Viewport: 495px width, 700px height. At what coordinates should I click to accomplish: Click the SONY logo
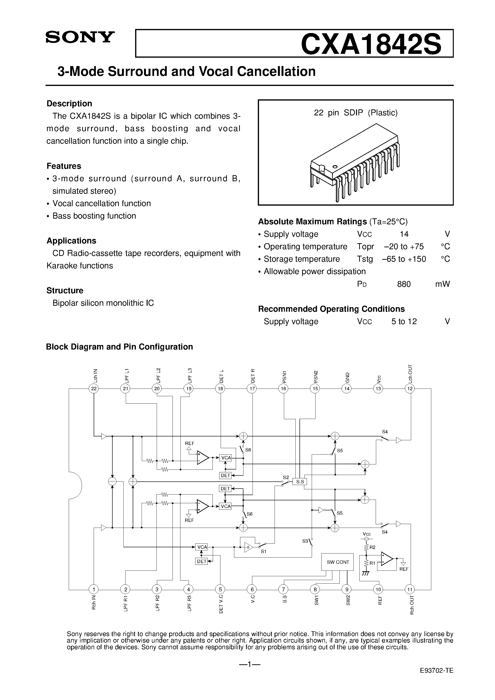click(x=80, y=37)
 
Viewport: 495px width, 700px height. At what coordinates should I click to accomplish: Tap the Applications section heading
click(x=71, y=241)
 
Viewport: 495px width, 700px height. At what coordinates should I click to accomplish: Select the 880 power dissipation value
click(x=404, y=284)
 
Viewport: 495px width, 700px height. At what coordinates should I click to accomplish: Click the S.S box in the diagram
click(x=300, y=482)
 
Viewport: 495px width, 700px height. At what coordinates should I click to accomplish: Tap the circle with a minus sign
click(x=112, y=481)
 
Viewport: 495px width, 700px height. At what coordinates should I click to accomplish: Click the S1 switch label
click(x=263, y=552)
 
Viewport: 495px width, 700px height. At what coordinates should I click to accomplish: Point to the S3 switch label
click(x=305, y=541)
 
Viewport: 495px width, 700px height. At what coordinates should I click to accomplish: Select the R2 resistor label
click(x=372, y=547)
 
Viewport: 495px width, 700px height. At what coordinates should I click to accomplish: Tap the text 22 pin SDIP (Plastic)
click(x=356, y=113)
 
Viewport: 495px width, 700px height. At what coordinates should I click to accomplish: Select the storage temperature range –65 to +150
click(x=404, y=259)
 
